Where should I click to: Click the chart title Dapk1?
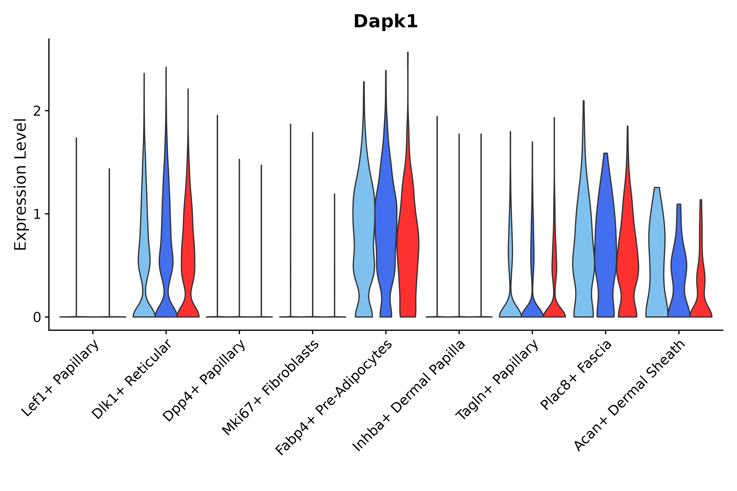click(385, 22)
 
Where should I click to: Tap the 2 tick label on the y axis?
click(37, 111)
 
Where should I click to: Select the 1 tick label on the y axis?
click(37, 214)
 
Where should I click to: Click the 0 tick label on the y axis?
click(37, 318)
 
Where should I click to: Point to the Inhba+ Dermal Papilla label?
click(409, 396)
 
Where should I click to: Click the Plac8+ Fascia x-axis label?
click(576, 375)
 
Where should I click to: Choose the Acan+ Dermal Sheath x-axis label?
click(630, 396)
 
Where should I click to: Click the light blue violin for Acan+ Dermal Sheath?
click(657, 250)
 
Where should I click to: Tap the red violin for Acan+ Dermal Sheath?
click(701, 282)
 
